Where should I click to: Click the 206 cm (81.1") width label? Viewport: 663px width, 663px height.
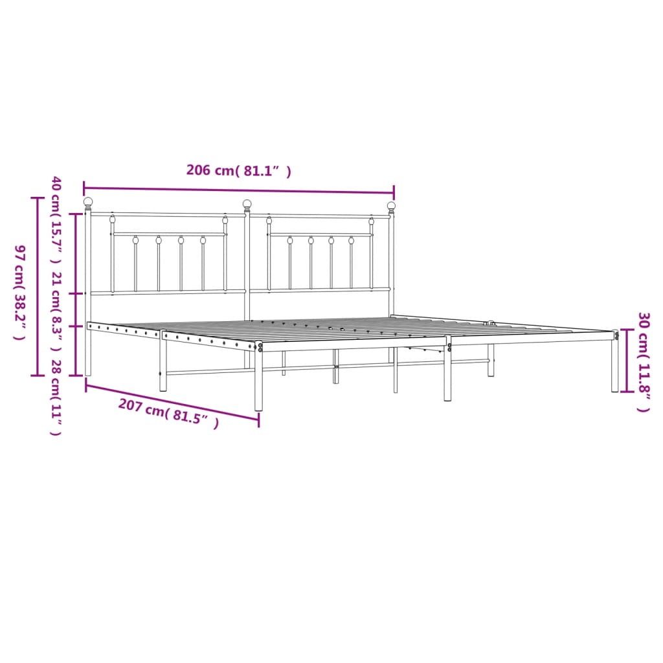(238, 171)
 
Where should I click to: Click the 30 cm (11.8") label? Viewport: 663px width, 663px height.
(644, 362)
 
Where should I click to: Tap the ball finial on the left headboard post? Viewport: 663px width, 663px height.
(88, 202)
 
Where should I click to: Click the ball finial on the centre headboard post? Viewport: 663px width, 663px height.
(247, 204)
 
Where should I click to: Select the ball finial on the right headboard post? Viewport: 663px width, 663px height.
(391, 206)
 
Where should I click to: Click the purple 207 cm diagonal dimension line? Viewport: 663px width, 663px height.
(172, 402)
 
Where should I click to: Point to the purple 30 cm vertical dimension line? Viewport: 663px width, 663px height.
(625, 361)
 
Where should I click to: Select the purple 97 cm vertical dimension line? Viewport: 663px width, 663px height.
(36, 286)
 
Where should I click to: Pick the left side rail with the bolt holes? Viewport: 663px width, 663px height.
(123, 330)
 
